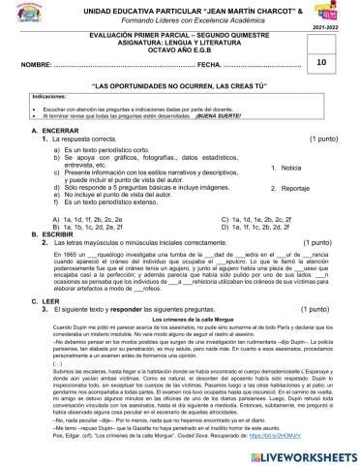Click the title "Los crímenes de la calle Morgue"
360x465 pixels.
(x=179, y=346)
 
